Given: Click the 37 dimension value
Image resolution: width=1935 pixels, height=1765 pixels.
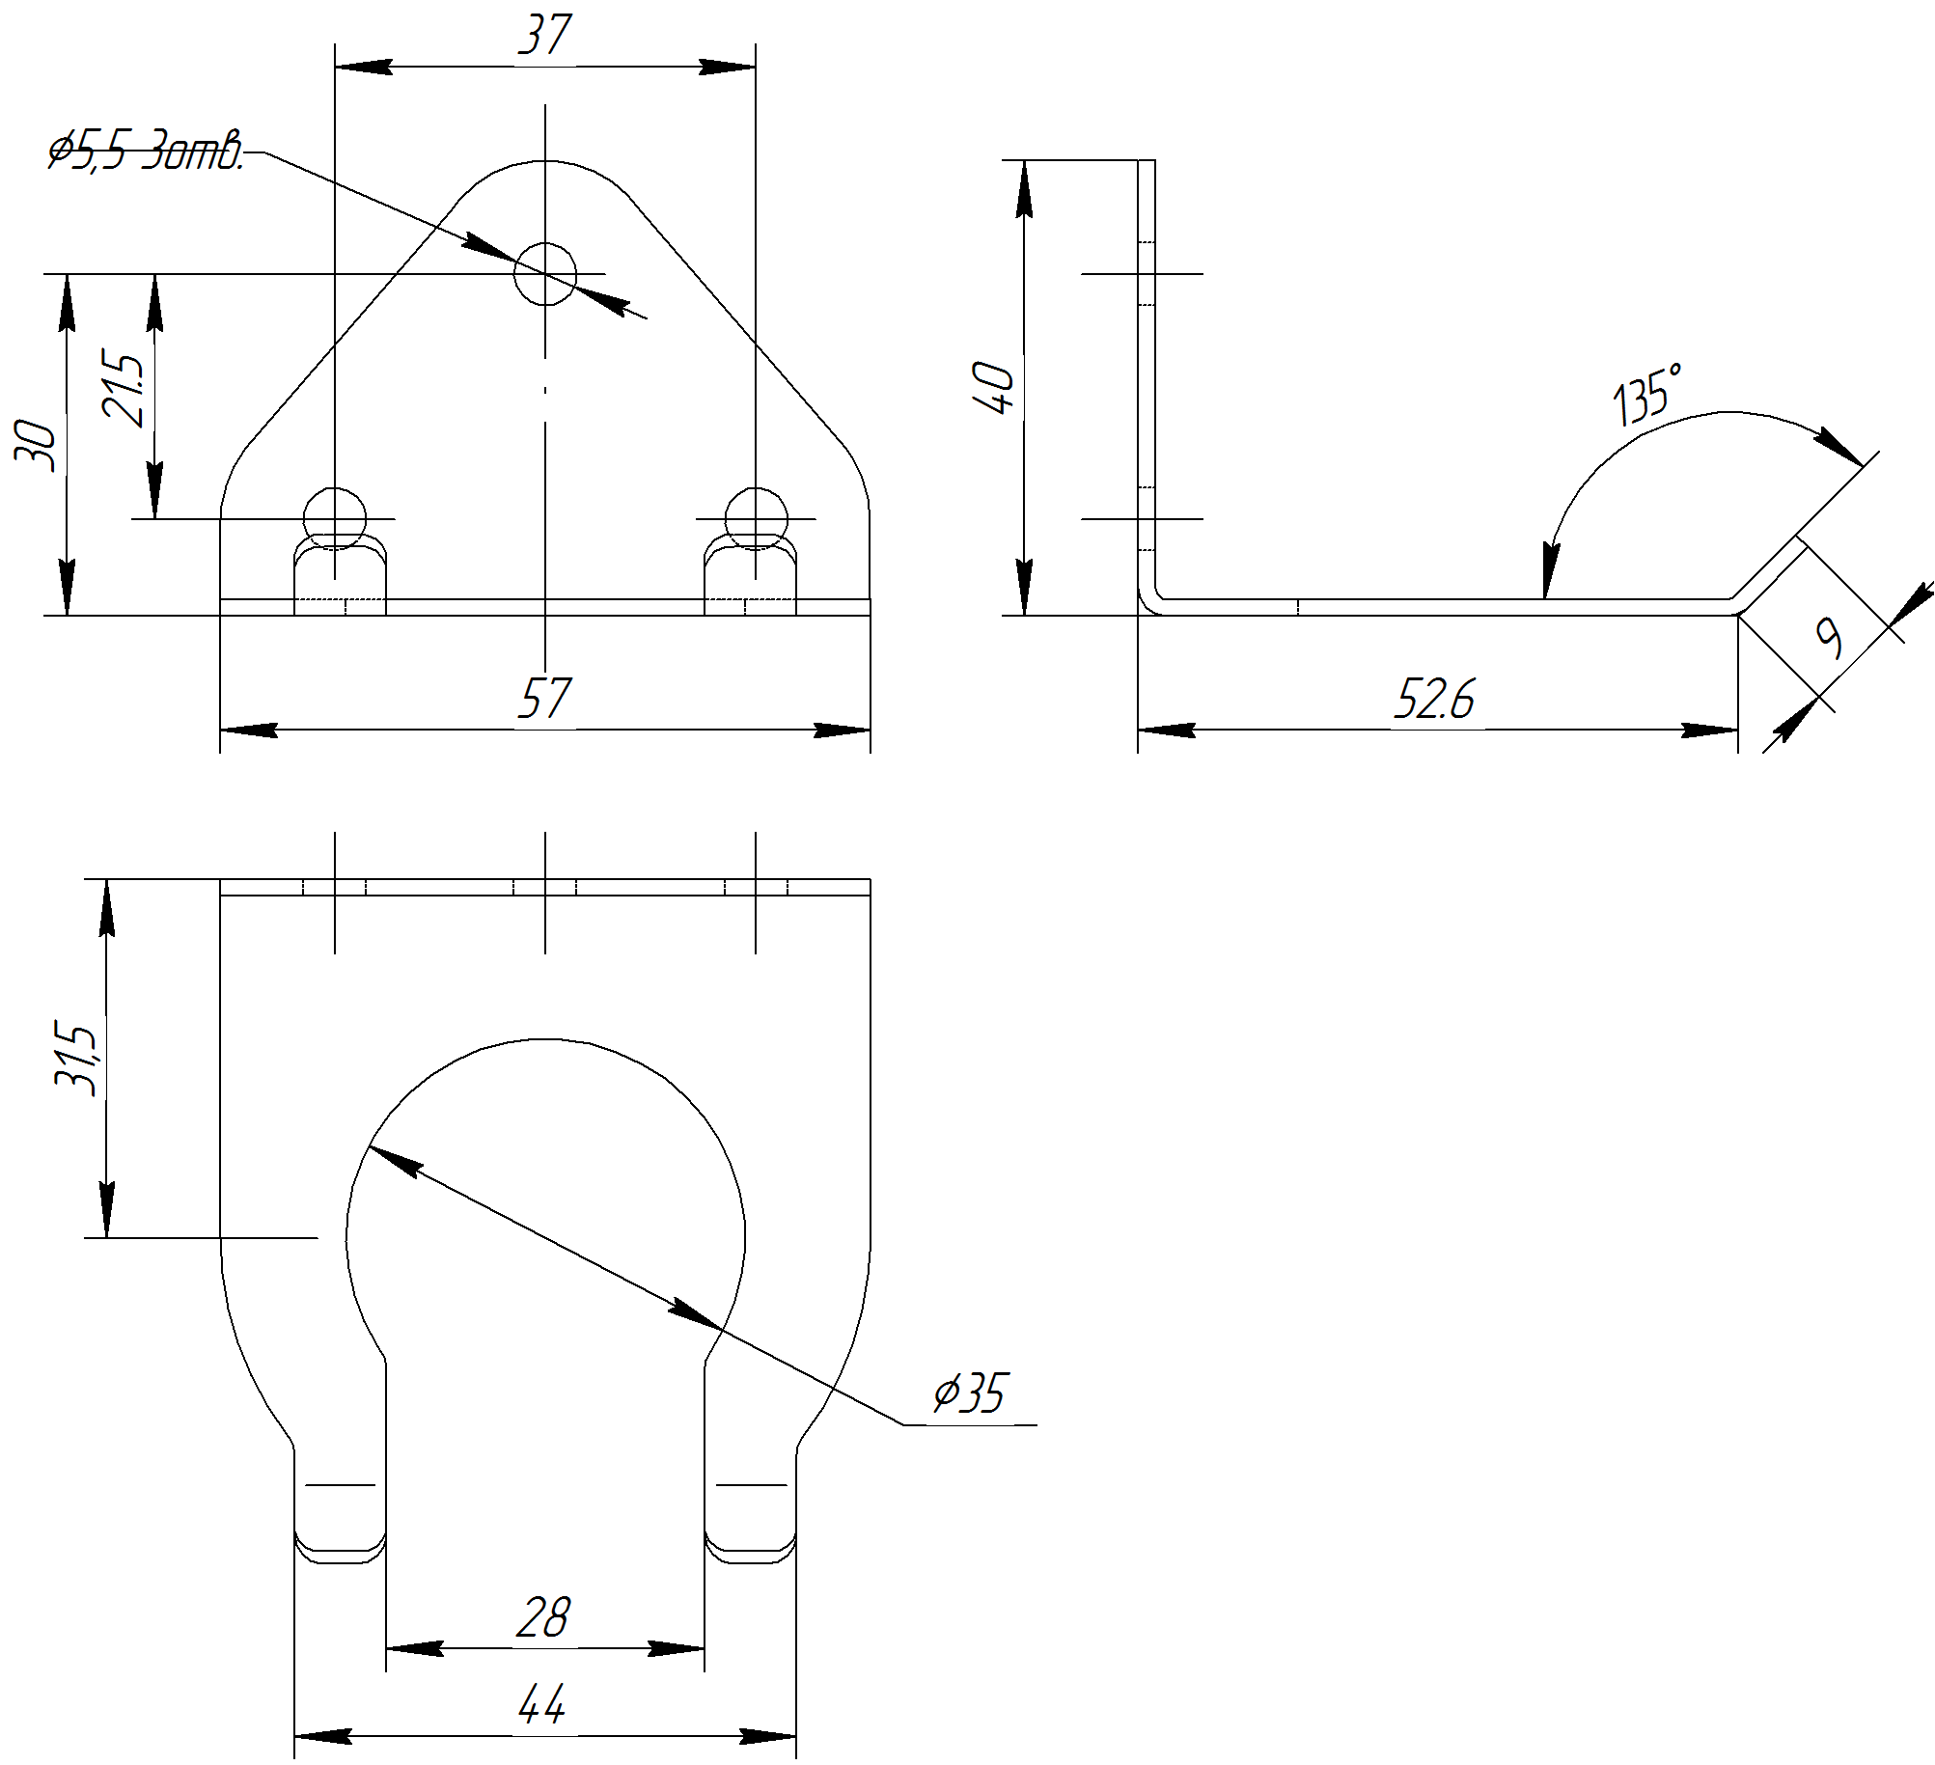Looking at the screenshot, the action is [545, 35].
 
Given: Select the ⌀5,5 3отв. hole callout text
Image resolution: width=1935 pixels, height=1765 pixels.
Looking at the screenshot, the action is [146, 151].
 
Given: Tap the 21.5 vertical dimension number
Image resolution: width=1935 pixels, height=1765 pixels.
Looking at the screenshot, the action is [124, 390].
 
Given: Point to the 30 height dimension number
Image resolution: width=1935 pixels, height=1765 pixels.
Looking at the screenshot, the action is [36, 446].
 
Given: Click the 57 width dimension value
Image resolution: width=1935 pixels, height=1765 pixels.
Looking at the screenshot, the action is [545, 698].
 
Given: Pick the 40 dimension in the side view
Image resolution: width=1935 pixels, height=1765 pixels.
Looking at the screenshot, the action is [994, 388].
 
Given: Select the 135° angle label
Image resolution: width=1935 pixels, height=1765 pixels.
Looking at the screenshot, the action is [1648, 394].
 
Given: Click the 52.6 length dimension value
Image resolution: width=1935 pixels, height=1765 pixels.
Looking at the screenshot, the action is [1434, 699].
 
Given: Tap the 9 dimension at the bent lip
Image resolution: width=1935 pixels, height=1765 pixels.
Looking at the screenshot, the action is [1829, 637].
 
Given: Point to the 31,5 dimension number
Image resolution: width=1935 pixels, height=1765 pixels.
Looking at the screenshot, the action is [76, 1058].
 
